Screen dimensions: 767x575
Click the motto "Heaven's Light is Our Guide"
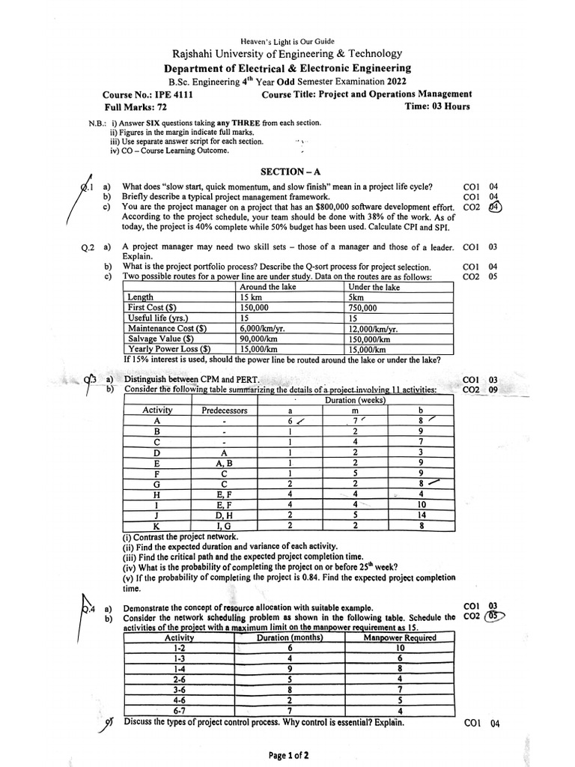tap(287, 41)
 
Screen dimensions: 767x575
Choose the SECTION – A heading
tap(286, 172)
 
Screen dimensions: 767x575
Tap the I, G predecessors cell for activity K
tap(224, 525)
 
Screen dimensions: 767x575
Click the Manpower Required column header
tap(399, 637)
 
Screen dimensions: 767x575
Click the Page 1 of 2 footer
tap(288, 756)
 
